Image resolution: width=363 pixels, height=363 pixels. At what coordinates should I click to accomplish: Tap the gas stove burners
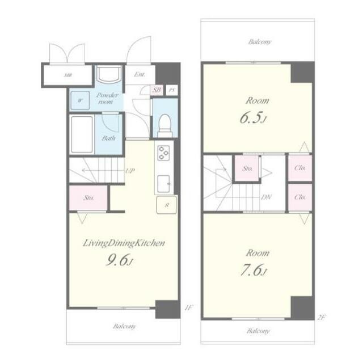tap(163, 153)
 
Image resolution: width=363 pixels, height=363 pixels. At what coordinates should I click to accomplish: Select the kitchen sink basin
tap(164, 184)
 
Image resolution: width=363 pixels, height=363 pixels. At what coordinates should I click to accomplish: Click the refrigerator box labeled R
tap(166, 205)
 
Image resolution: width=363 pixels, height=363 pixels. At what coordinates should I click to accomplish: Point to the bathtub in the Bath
tap(82, 134)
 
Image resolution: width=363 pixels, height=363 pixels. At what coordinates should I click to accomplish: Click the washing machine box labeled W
tap(80, 100)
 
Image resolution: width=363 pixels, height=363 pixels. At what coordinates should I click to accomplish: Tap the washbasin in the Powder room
tap(109, 74)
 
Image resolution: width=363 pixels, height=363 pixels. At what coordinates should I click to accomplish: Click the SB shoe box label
tap(157, 90)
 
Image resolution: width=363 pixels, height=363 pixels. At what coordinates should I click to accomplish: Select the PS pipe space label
tap(172, 90)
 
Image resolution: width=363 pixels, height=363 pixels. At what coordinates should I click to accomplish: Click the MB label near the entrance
tap(68, 75)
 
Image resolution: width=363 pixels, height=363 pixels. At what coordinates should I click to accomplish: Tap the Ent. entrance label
tap(140, 74)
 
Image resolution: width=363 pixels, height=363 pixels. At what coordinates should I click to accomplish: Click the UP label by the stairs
tap(130, 171)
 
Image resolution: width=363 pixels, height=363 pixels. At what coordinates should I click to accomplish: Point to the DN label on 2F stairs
tap(266, 197)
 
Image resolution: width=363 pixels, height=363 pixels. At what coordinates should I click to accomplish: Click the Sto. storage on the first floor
tap(88, 198)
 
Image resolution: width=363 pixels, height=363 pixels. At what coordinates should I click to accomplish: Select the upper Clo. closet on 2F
tap(300, 168)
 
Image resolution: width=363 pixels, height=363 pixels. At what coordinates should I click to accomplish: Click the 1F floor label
tap(189, 307)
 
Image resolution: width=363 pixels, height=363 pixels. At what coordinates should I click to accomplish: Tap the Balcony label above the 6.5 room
tap(260, 42)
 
